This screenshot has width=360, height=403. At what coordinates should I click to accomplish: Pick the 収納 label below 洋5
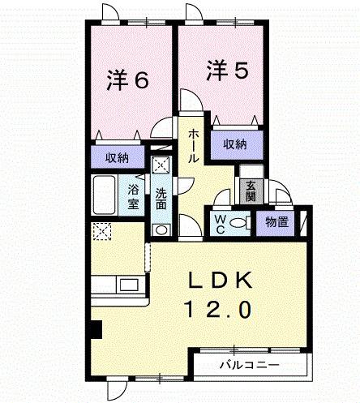(235, 144)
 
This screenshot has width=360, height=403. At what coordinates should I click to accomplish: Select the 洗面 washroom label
(161, 199)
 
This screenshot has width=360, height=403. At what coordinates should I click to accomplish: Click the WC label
(220, 222)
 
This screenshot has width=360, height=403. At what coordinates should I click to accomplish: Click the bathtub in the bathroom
(104, 194)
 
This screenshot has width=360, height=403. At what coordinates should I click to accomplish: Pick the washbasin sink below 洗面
(161, 229)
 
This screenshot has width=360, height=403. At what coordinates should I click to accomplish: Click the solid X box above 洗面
(161, 165)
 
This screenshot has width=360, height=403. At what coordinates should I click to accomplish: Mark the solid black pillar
(96, 329)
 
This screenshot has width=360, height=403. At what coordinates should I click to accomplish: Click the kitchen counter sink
(128, 285)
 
